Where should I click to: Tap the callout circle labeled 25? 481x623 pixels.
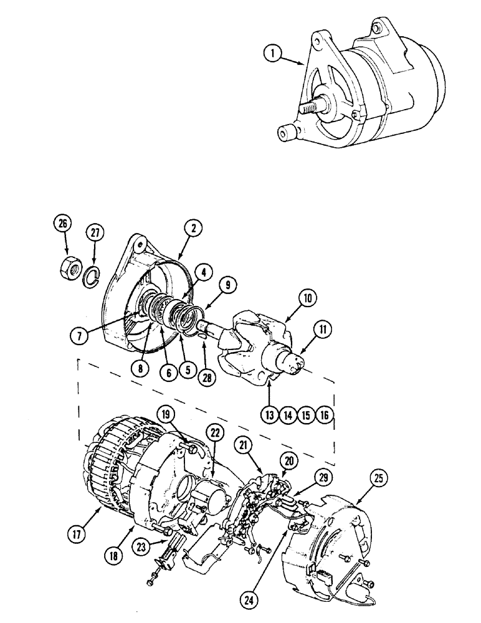pyautogui.click(x=379, y=479)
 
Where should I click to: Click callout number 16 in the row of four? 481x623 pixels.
pyautogui.click(x=325, y=415)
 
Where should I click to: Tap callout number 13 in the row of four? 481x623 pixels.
pyautogui.click(x=269, y=415)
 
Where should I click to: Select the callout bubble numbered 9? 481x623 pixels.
pyautogui.click(x=227, y=286)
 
